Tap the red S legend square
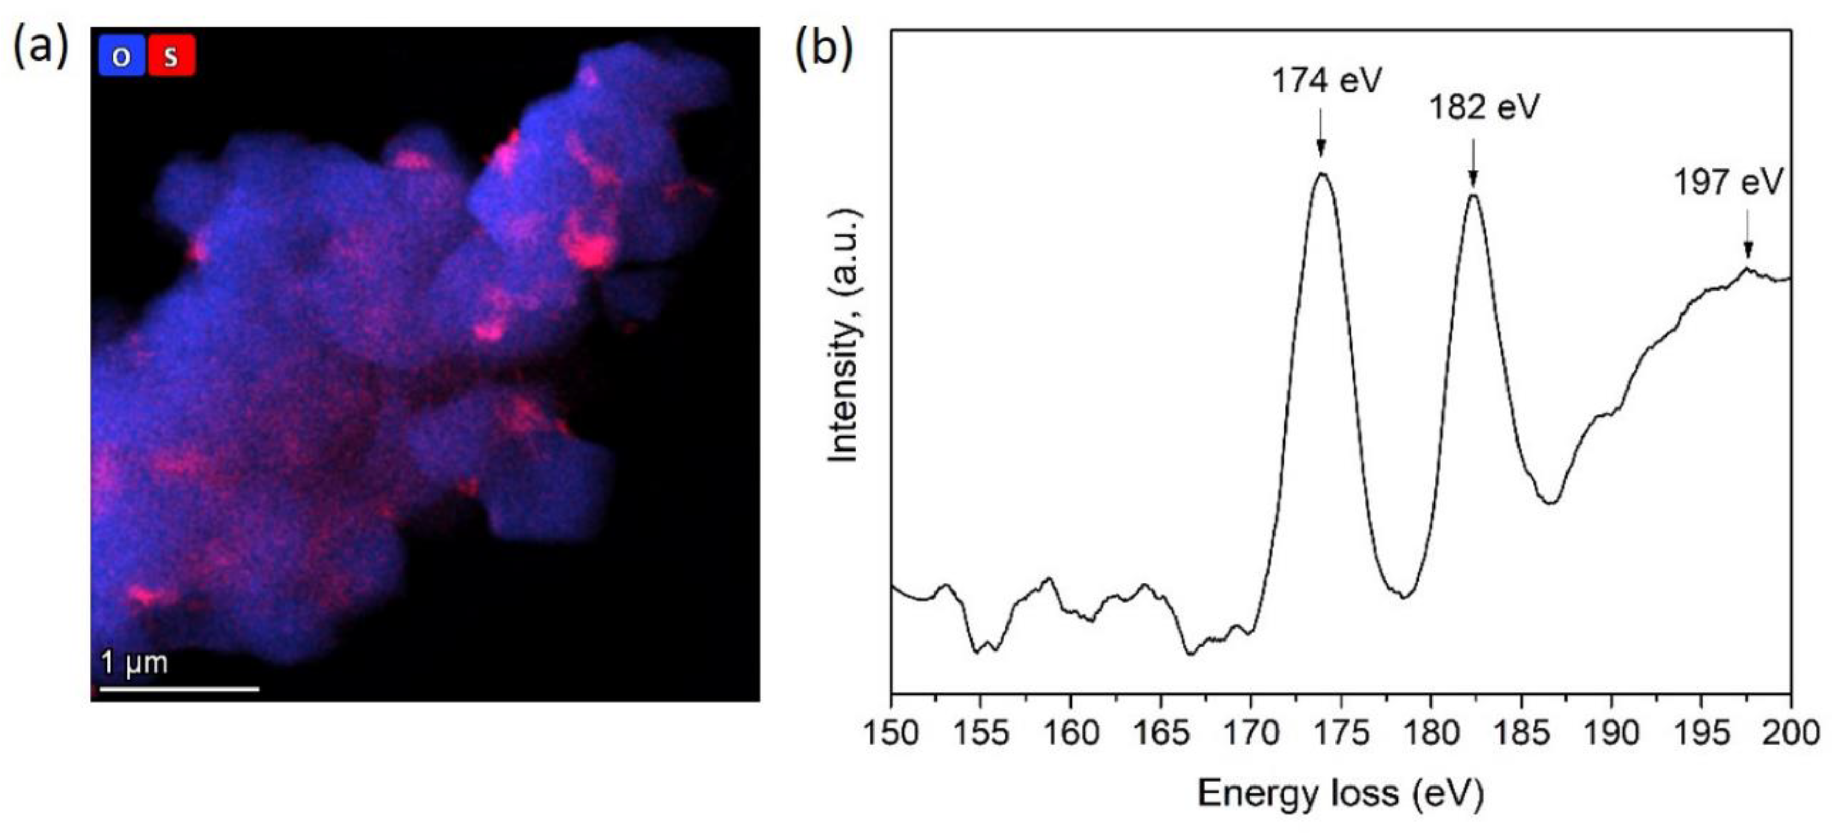172,55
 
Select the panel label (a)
41,49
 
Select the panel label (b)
824,49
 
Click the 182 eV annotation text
1485,108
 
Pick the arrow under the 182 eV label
1474,164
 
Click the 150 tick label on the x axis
891,733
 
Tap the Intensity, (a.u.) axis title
844,335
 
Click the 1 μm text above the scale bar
135,663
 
